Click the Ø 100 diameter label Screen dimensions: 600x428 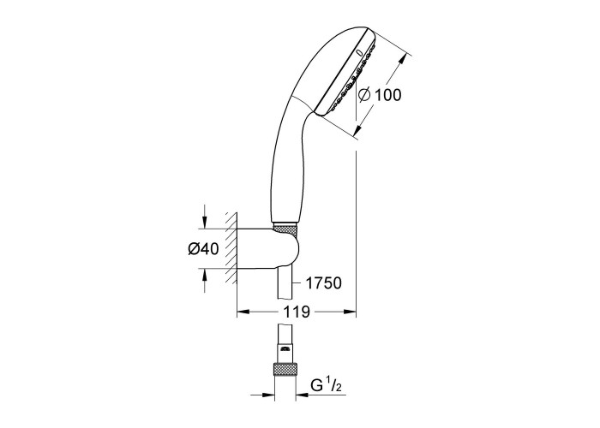click(x=380, y=95)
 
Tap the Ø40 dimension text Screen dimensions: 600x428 click(x=203, y=249)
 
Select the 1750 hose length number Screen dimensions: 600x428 click(x=323, y=283)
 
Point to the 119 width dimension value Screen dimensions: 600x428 click(x=297, y=312)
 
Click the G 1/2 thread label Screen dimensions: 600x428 click(x=326, y=386)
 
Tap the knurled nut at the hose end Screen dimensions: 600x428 click(x=285, y=371)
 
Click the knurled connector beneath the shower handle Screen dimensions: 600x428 click(x=285, y=230)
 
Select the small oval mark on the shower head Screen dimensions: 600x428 click(x=359, y=53)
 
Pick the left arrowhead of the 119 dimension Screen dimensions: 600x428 click(x=243, y=312)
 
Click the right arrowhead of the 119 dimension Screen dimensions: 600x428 click(x=350, y=312)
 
